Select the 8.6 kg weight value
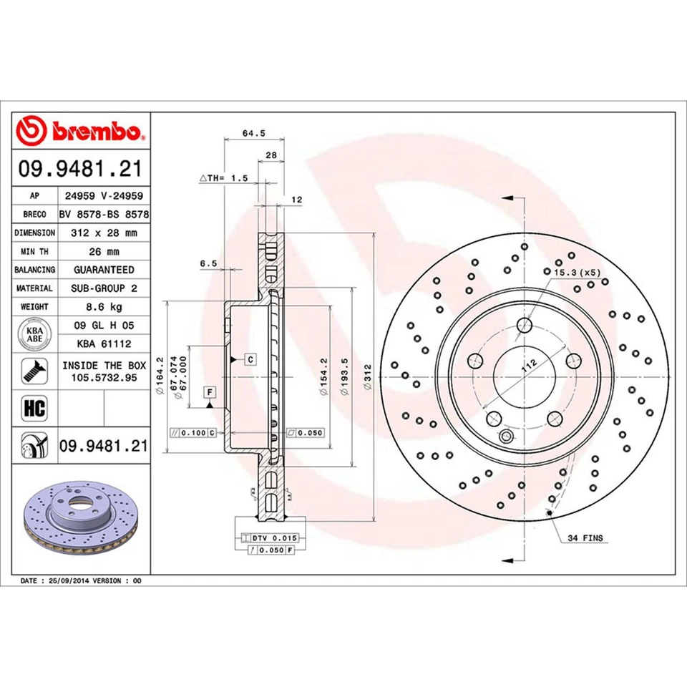[x=104, y=307]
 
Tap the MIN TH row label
[x=35, y=251]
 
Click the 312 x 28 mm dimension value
[x=104, y=233]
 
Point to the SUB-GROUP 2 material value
[x=104, y=288]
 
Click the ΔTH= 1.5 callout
[x=222, y=177]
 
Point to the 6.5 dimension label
[x=208, y=263]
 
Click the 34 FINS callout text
[x=585, y=537]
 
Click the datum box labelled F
[x=210, y=391]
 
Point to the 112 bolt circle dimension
[x=528, y=367]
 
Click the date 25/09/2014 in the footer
[x=70, y=580]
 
